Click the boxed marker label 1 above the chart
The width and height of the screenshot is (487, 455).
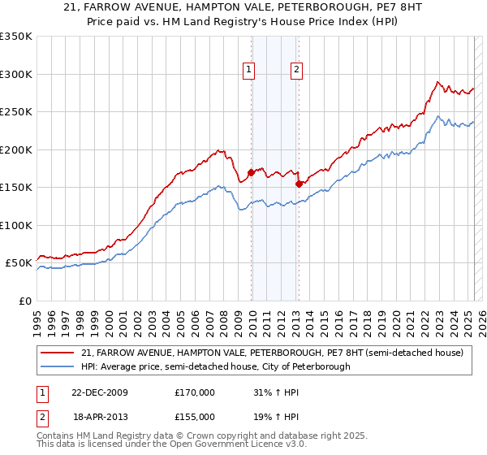248,71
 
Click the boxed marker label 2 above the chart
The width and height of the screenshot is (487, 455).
297,71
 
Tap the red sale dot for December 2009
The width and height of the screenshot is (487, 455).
252,172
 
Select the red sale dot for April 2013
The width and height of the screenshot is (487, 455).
299,184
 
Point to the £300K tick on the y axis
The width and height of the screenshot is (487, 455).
16,74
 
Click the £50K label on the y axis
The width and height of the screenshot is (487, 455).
19,263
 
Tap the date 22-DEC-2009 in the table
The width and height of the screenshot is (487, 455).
100,392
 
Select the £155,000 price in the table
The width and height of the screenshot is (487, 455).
195,416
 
